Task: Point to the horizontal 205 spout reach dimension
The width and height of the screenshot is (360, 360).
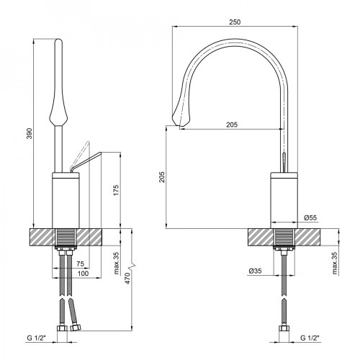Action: click(231, 125)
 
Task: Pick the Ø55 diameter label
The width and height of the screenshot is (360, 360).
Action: click(310, 217)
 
